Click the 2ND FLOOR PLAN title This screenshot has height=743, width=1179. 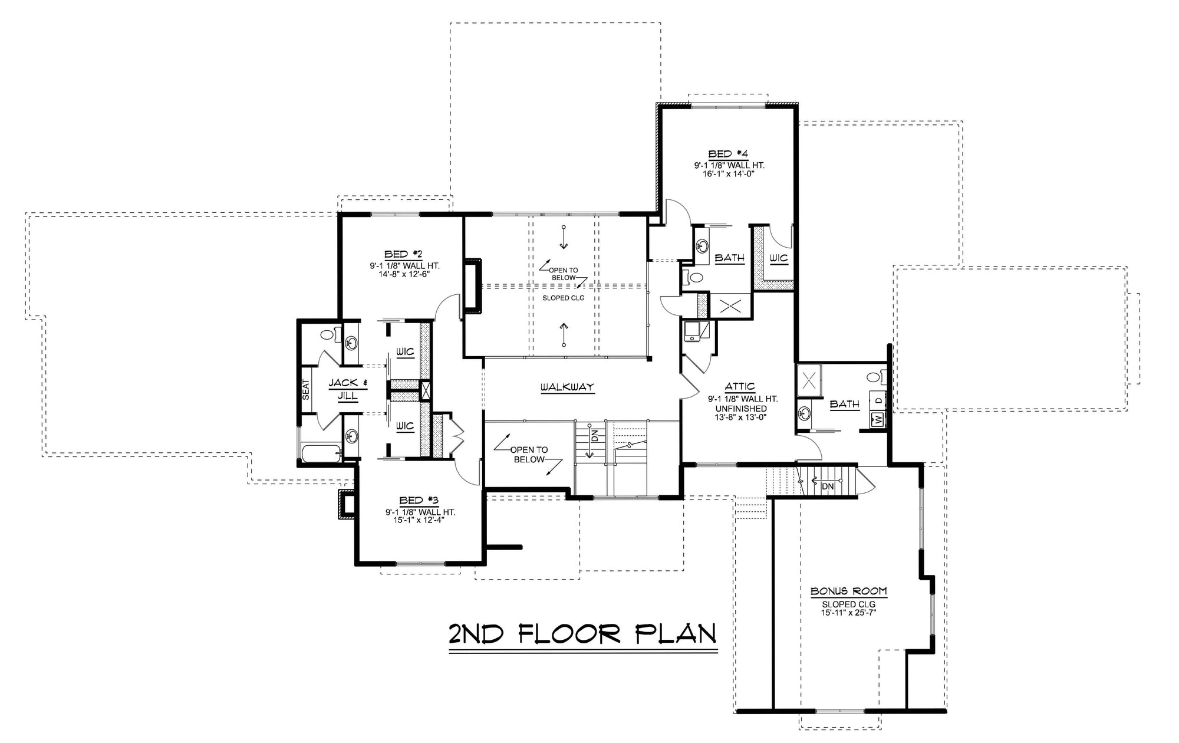point(582,634)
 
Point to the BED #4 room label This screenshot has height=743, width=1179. point(728,154)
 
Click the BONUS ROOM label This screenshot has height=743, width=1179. point(848,591)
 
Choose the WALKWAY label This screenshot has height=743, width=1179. point(567,387)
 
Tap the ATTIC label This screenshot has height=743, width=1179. point(740,387)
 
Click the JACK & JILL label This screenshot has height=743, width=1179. point(347,389)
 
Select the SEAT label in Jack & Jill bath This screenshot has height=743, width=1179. point(306,389)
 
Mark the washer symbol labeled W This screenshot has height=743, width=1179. point(878,419)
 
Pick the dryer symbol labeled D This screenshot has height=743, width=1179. point(878,400)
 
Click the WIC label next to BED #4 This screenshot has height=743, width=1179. point(778,258)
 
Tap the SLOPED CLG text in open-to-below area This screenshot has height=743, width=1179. point(564,298)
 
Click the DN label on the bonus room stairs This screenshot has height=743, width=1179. point(828,486)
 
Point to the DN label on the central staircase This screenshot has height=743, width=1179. point(595,436)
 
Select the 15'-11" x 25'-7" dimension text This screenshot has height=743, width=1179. point(848,613)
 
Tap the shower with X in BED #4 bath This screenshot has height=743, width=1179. point(730,306)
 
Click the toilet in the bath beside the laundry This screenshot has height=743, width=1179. point(874,376)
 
